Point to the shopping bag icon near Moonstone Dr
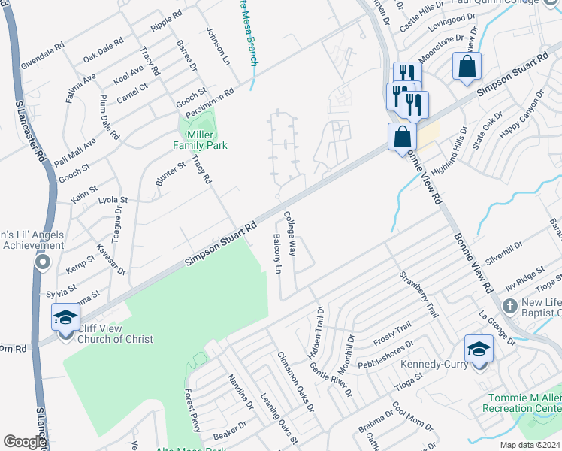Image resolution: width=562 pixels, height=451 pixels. pyautogui.click(x=467, y=65)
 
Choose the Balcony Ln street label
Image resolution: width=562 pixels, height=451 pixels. pyautogui.click(x=276, y=253)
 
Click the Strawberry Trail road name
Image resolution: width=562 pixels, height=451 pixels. pyautogui.click(x=418, y=294)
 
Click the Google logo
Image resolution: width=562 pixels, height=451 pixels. pyautogui.click(x=24, y=442)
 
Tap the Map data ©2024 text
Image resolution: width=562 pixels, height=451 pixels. pyautogui.click(x=530, y=445)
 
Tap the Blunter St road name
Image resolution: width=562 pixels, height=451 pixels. pyautogui.click(x=171, y=172)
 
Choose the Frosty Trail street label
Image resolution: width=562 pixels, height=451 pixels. pyautogui.click(x=392, y=333)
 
